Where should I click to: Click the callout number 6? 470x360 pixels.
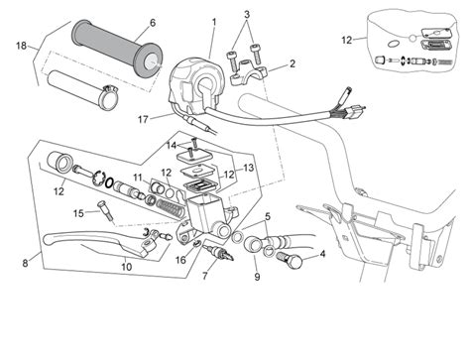(152, 23)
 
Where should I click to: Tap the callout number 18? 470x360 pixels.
(21, 46)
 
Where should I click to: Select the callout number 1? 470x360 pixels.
(213, 22)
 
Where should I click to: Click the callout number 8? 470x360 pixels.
(24, 263)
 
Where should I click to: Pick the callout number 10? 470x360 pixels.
(127, 267)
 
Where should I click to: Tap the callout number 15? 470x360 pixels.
(77, 213)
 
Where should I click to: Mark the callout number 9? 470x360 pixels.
(256, 277)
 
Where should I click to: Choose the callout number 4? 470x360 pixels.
(322, 254)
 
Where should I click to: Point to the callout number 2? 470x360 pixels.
(292, 64)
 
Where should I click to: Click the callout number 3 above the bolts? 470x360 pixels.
(247, 15)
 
